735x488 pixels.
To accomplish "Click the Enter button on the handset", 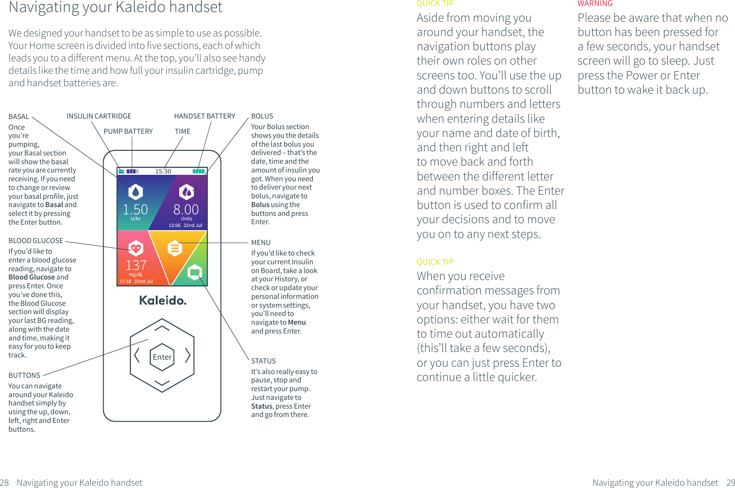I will (162, 357).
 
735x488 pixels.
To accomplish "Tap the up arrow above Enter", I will (162, 328).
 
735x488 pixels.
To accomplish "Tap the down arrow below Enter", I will (162, 383).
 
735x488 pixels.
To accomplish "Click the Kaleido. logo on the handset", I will (163, 301).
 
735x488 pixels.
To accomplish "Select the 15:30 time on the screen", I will (163, 171).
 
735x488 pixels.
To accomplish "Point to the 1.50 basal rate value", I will (135, 209).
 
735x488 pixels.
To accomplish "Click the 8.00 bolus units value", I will (186, 209).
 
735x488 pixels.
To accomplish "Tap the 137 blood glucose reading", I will (136, 265).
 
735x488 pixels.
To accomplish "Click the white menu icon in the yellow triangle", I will (174, 248).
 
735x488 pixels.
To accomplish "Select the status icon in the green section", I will (195, 272).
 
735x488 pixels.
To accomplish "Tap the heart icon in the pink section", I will (135, 248).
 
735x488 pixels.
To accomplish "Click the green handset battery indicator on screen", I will (199, 171).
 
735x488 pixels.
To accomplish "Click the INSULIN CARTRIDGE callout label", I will (99, 116).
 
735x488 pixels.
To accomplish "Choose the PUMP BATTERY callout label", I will (128, 131).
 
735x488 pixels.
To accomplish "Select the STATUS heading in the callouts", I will (263, 361).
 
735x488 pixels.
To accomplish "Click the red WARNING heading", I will (595, 4).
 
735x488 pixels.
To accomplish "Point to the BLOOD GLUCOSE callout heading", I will (35, 241).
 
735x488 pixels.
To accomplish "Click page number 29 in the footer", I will (730, 482).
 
